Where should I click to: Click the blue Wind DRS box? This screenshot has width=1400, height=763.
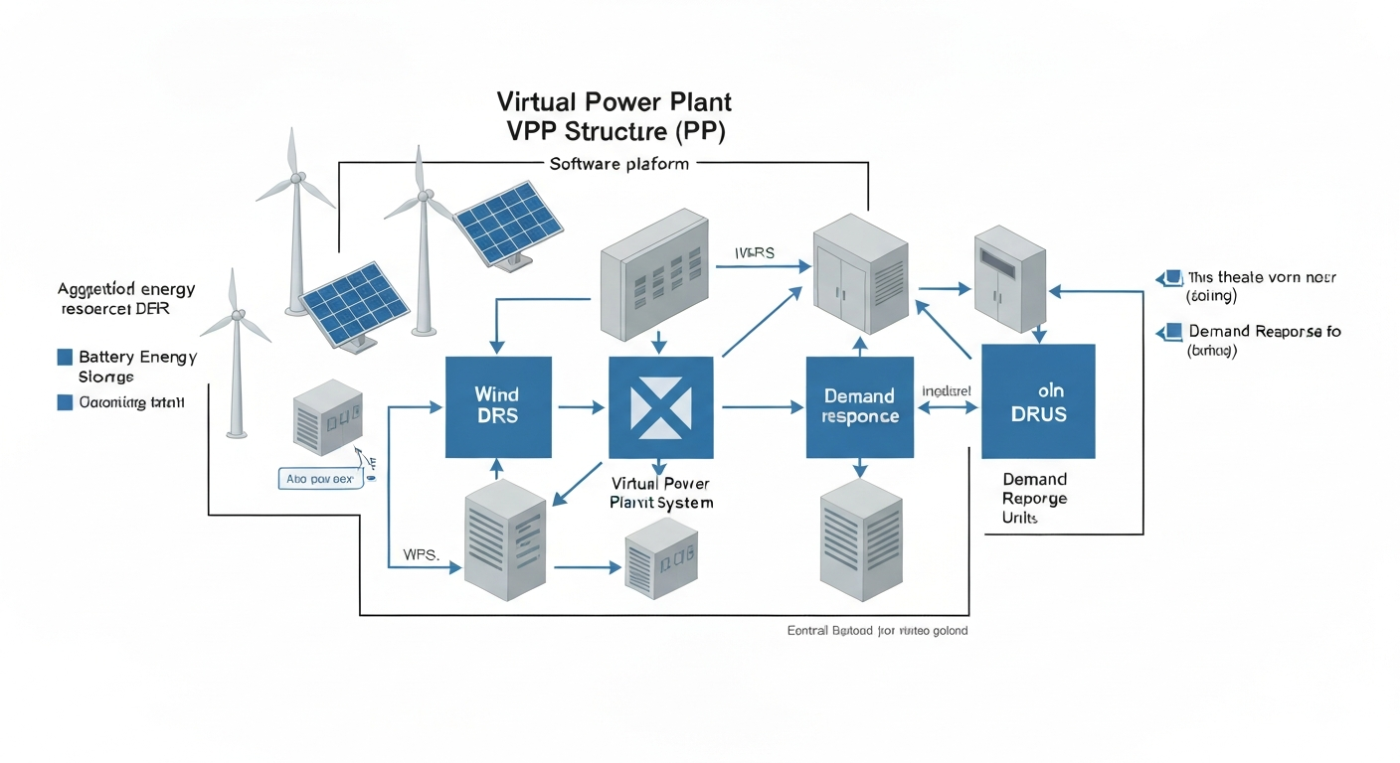498,406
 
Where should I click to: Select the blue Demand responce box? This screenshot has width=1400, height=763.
859,406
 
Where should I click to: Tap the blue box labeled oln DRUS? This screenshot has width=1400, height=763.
1038,400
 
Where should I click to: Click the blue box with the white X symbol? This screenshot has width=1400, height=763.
660,406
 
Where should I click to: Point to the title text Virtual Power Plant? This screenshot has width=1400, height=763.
613,102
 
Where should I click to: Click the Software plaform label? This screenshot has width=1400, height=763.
618,164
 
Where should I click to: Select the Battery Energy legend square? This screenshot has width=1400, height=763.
66,357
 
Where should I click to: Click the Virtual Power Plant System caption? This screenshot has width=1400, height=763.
661,493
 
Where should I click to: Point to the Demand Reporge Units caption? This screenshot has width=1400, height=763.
1034,499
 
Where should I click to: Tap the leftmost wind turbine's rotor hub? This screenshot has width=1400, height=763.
237,316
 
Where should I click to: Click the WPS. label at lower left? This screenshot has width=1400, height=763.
421,553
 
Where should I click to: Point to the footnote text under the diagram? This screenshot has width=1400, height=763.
876,631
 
